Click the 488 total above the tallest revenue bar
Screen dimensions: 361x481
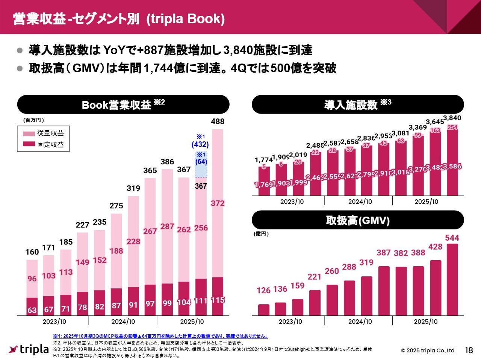218,121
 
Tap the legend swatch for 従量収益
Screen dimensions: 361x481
29,133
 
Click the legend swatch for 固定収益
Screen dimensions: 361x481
29,144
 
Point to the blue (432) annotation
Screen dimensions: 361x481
200,144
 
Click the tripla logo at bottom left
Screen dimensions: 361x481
29,349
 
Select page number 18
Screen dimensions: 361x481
469,350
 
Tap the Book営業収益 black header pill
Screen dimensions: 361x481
123,105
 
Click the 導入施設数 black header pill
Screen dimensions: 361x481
357,105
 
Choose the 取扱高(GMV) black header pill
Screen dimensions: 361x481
357,220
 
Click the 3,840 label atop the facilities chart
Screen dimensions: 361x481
452,118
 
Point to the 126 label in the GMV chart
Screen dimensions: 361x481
263,290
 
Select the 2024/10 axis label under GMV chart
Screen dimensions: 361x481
360,322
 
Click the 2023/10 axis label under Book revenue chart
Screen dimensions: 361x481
54,322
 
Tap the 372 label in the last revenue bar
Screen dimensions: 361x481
218,203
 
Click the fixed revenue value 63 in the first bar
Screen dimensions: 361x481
32,310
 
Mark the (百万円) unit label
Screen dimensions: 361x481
34,120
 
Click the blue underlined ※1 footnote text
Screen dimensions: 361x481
160,336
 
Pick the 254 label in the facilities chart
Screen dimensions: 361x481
452,127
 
